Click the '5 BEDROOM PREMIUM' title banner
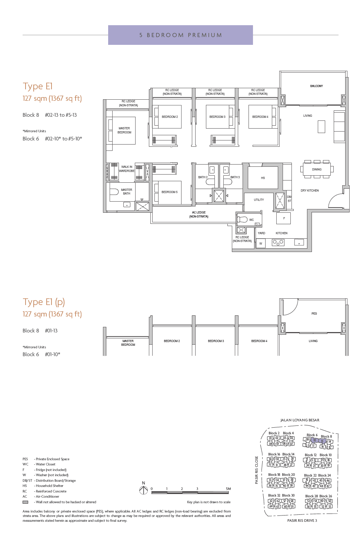tap(180, 35)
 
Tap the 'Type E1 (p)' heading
tap(44, 302)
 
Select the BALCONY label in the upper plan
tap(316, 86)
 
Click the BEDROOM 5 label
tap(169, 192)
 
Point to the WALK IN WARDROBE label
tap(127, 169)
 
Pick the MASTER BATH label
tap(126, 192)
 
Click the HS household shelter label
tap(263, 178)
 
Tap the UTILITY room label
tap(259, 200)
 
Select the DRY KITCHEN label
tap(310, 190)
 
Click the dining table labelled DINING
tap(317, 169)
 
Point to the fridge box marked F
tap(284, 219)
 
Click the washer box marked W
tap(261, 243)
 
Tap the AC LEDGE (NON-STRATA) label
tap(199, 215)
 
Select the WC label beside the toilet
tap(251, 220)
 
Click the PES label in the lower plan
tap(314, 314)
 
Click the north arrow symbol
tap(144, 490)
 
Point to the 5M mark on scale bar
tap(228, 489)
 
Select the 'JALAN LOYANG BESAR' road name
tap(300, 420)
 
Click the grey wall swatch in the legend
tap(25, 502)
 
